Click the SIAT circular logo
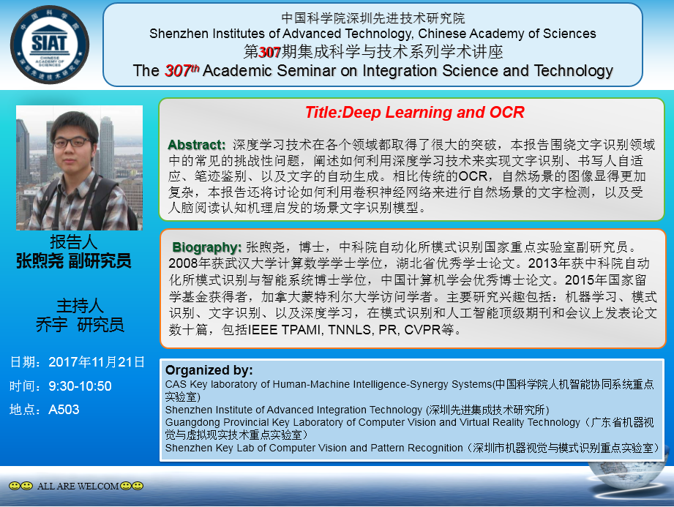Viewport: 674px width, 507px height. [50, 45]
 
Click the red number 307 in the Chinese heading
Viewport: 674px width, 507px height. [269, 53]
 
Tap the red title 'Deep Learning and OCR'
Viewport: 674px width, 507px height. [433, 113]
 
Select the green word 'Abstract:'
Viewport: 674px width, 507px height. [196, 145]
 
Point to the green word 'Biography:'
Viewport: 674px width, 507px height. [207, 247]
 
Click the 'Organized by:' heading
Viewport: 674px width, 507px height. [209, 370]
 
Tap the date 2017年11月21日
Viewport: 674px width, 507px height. [97, 362]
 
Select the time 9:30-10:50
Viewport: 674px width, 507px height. [80, 386]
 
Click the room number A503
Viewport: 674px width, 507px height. [64, 410]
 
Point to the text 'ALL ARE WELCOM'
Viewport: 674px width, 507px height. [78, 486]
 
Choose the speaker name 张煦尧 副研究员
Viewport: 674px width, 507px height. [73, 261]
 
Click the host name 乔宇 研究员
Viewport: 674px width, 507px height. [80, 325]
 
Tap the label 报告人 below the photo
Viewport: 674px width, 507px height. [73, 242]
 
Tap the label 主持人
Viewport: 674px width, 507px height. [80, 306]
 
